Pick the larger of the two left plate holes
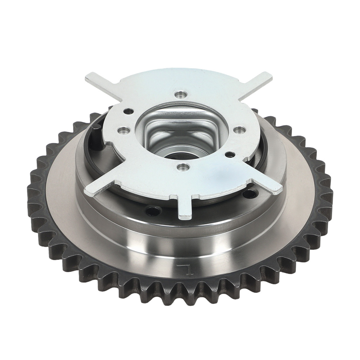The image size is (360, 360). [123, 130]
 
